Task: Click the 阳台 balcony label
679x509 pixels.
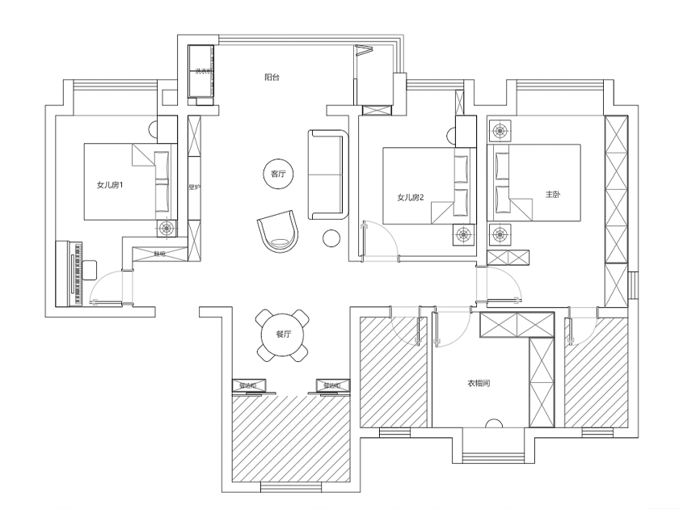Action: pos(272,78)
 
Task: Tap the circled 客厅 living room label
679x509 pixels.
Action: pos(278,174)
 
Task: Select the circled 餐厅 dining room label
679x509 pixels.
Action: pos(282,333)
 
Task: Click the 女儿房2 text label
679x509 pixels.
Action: pos(411,197)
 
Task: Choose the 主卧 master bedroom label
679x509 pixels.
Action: pos(553,195)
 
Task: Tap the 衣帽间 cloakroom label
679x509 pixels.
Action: pos(479,384)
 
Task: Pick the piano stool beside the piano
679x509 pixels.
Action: pos(89,269)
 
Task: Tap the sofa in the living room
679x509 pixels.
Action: pos(327,174)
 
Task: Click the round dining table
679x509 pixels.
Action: pos(282,333)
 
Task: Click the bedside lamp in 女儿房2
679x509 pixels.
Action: pos(463,235)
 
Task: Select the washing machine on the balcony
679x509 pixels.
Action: pos(200,74)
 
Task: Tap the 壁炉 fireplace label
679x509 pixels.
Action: pos(194,187)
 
